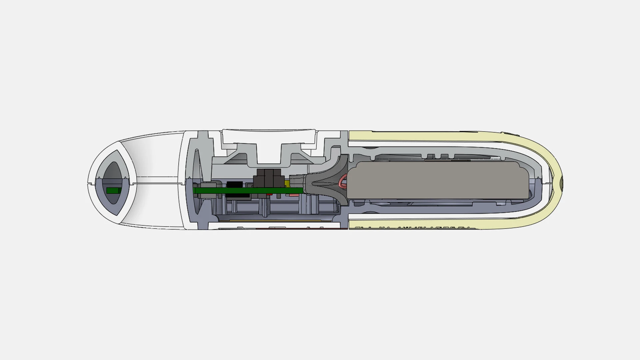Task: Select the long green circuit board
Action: (x=247, y=191)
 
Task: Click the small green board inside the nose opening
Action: (x=113, y=191)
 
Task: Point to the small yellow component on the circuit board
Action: (x=287, y=184)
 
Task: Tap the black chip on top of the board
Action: (x=235, y=184)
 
